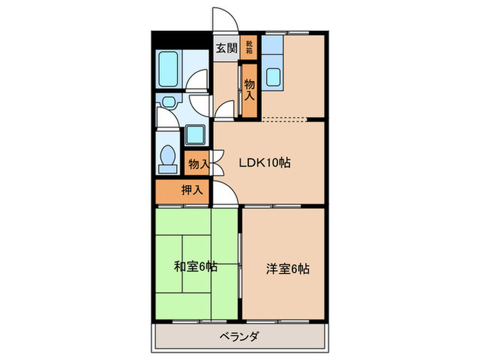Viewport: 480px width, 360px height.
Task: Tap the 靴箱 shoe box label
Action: pos(249,46)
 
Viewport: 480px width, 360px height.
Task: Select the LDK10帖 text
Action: pos(265,163)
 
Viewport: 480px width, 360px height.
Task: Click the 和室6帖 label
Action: pos(195,266)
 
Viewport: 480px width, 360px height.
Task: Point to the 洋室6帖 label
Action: pos(288,269)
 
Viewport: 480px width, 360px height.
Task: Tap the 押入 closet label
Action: pos(191,191)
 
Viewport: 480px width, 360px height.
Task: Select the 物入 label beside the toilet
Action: pos(198,165)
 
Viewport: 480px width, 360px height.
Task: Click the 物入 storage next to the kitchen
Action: pos(250,89)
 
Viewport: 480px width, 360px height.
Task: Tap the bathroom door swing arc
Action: pos(198,84)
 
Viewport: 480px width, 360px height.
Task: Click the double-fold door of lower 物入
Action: pos(217,164)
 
